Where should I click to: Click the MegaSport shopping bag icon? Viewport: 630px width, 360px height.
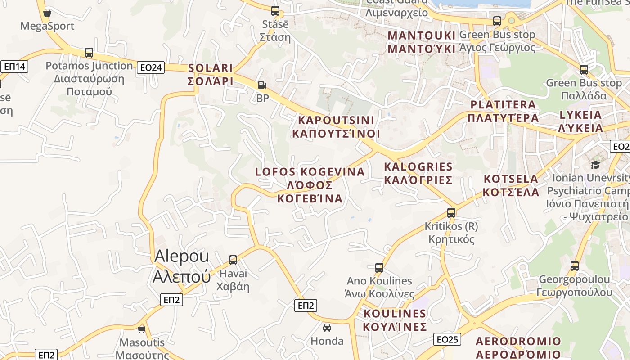[47, 12]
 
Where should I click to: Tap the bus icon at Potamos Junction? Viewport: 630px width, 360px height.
[89, 52]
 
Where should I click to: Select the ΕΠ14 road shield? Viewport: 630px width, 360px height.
[14, 67]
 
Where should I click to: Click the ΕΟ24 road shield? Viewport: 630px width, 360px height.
[151, 67]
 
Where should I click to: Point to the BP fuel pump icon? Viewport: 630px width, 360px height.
[261, 85]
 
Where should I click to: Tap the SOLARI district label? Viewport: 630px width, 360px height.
[211, 75]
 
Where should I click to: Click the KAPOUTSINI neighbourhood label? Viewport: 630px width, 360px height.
[336, 127]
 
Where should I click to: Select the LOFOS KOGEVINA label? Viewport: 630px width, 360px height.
[310, 185]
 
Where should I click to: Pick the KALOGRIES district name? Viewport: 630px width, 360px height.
[418, 173]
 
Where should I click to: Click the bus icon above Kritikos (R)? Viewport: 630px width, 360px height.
[451, 213]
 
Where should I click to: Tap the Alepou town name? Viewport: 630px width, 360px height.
[182, 266]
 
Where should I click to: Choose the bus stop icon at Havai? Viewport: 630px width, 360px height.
[233, 260]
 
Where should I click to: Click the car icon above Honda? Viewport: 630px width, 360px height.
[327, 327]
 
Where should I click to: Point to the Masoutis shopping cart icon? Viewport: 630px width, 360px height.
[142, 329]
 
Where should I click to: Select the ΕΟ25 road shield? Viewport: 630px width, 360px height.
[448, 339]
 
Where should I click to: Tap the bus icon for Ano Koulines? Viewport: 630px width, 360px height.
[379, 267]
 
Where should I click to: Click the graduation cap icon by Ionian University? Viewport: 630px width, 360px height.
[595, 164]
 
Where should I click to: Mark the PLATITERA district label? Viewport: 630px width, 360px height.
[503, 111]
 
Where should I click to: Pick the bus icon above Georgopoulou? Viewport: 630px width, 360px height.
[575, 265]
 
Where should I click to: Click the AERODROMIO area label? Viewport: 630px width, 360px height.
[518, 347]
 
